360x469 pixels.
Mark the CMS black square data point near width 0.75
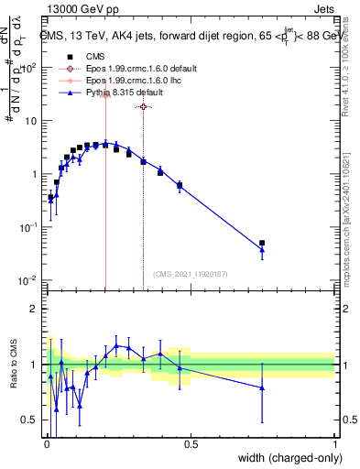[x=262, y=243]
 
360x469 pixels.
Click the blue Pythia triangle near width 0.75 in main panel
[x=262, y=249]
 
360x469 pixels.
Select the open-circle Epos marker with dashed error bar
[x=143, y=107]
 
